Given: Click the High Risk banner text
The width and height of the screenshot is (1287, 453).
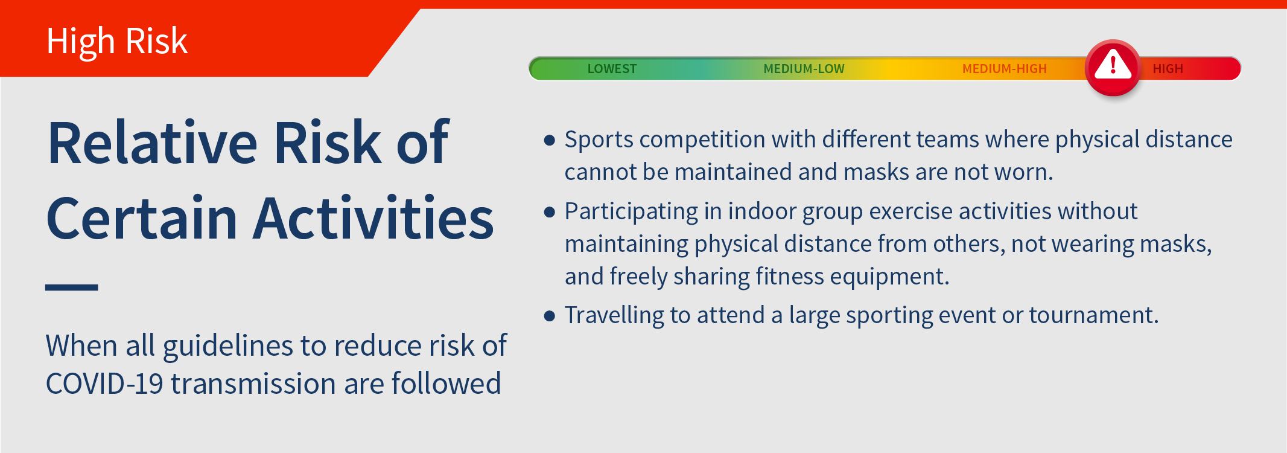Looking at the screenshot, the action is pos(117,41).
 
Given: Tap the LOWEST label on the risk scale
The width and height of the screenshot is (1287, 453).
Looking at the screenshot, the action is pos(612,69).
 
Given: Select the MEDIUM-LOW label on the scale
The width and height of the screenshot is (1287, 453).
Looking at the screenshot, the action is pos(804,69).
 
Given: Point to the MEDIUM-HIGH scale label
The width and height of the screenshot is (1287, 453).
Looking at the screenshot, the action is pos(1004,69).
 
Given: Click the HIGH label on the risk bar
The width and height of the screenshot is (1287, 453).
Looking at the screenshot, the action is pos(1168,69).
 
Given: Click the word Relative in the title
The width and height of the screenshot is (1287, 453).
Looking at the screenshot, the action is pos(153,143).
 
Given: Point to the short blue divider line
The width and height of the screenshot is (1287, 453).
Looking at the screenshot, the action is pos(71,288).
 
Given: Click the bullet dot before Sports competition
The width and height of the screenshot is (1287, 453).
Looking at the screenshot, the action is pos(549,141).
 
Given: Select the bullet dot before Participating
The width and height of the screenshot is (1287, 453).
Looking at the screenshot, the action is pos(549,212).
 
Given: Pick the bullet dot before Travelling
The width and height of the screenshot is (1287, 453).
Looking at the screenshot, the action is pos(549,316).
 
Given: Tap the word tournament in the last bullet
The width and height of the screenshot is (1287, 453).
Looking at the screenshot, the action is pos(1093,315).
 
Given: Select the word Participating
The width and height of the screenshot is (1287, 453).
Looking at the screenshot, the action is pos(631,212).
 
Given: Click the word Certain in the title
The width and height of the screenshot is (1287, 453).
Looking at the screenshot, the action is pos(141,218).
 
